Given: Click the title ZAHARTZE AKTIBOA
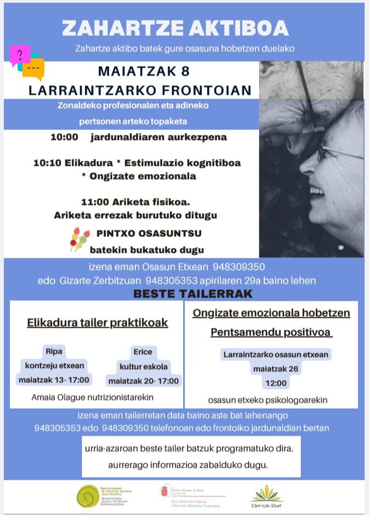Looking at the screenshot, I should click(x=175, y=28).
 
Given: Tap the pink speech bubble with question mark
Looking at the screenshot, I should click(x=19, y=55).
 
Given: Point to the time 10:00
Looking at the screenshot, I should click(x=64, y=137).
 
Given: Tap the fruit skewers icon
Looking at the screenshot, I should click(x=79, y=239).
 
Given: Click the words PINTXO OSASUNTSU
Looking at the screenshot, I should click(x=148, y=234).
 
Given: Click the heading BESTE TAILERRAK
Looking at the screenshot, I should click(x=193, y=294).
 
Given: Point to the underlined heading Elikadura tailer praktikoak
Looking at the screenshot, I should click(x=97, y=322).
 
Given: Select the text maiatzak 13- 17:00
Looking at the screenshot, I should click(x=54, y=380).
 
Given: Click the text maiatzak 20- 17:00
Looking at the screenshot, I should click(x=144, y=381).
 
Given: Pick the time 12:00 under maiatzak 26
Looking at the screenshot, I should click(x=276, y=383).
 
